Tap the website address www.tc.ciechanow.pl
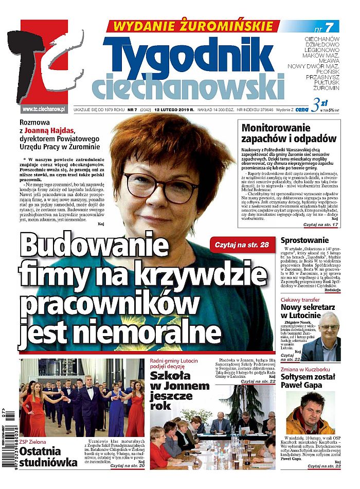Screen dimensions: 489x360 click(44, 109)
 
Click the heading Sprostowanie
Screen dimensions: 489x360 click(305, 240)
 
